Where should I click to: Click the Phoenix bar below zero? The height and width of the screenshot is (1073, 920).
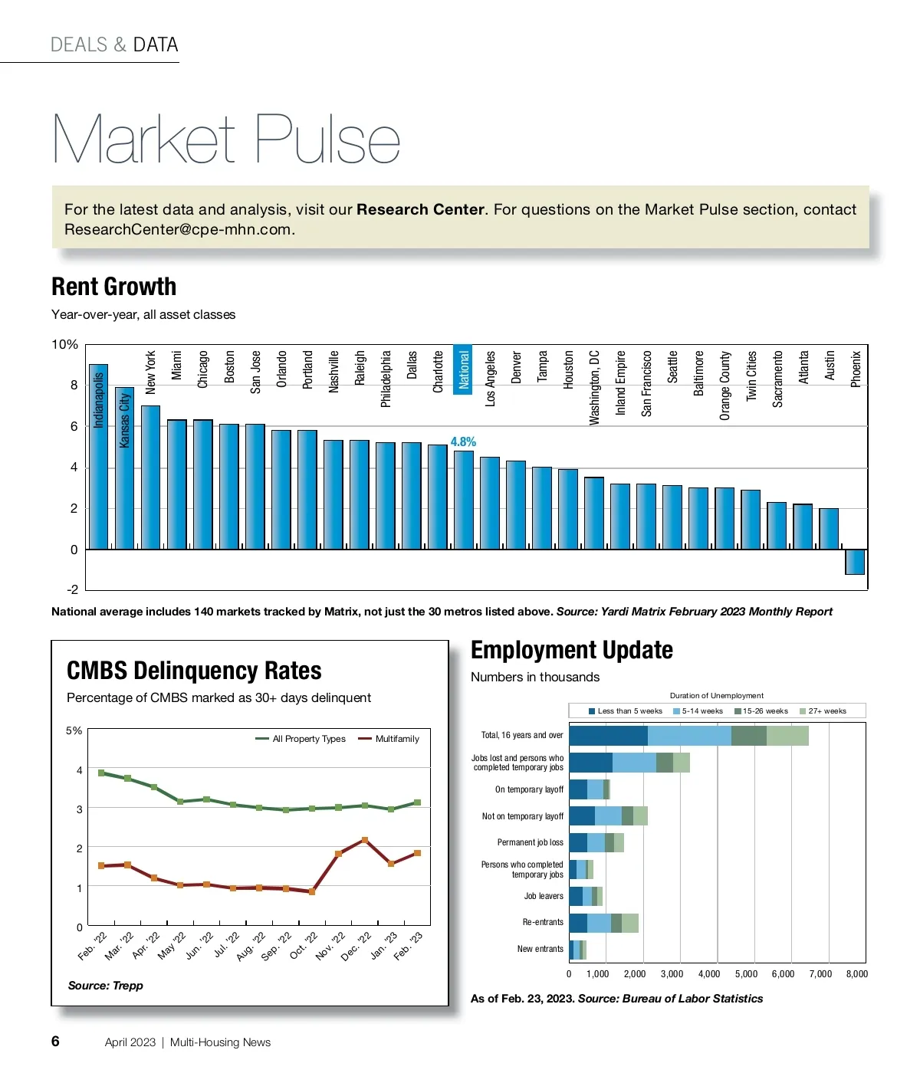coord(855,562)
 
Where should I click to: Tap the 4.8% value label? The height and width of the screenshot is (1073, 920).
coord(463,441)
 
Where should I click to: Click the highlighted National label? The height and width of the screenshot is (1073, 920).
coord(463,369)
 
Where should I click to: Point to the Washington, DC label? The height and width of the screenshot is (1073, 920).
coord(594,388)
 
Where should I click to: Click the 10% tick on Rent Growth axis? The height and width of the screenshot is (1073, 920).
coord(64,345)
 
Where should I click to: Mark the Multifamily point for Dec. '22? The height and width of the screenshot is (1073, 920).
coord(365,841)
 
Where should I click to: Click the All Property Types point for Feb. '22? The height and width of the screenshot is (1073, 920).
coord(101,773)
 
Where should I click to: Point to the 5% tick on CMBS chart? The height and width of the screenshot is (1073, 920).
coord(74,730)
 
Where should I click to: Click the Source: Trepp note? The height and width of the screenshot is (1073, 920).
coord(105,986)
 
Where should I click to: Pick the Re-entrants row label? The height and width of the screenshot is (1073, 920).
coord(543,922)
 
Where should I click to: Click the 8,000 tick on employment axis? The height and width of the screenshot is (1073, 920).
coord(856,974)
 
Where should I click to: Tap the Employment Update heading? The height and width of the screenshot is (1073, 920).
coord(571,650)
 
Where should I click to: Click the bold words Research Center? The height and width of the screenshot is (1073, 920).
coord(420,209)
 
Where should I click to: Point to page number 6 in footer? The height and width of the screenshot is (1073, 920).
coord(55,1041)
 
